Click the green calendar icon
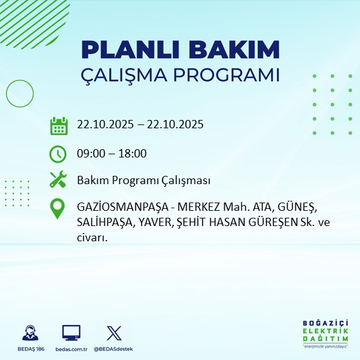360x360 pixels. (x=58, y=126)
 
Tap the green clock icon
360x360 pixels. (x=58, y=154)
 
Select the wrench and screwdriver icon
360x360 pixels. (x=58, y=180)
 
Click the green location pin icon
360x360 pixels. (x=58, y=209)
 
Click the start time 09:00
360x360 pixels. (x=91, y=153)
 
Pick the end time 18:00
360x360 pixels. (x=133, y=153)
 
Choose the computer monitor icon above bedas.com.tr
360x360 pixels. (x=71, y=333)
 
